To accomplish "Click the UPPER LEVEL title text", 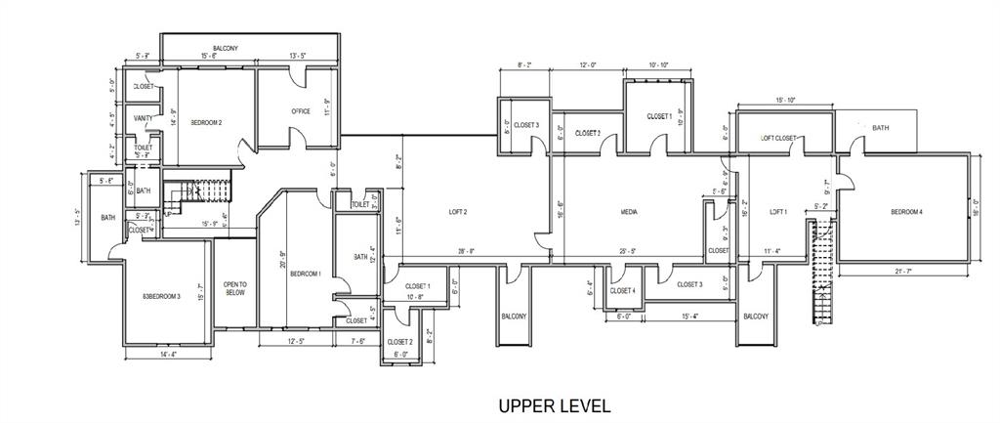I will point(554,405).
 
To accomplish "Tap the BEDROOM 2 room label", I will point(206,123).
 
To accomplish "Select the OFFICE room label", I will point(301,111).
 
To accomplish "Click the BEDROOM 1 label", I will point(306,274).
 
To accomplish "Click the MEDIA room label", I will point(629,211).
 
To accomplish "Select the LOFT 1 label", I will point(777,211).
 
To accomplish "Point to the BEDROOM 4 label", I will point(906,212).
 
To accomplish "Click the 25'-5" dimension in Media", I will point(629,251).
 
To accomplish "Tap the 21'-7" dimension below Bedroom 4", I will point(906,270).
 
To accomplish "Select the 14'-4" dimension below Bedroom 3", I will point(167,354).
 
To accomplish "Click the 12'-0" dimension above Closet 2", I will point(587,65).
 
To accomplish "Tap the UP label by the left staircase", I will point(167,213).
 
